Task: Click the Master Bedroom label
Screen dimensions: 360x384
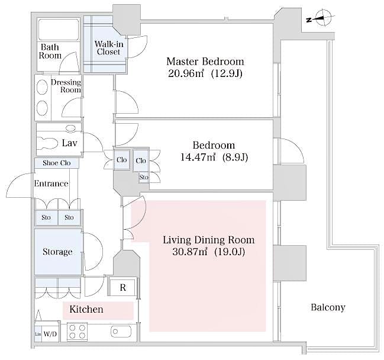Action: pyautogui.click(x=205, y=62)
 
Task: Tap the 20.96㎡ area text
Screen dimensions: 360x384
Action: pyautogui.click(x=186, y=74)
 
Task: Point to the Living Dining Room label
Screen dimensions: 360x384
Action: pyautogui.click(x=208, y=240)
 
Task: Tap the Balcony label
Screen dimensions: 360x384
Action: pyautogui.click(x=327, y=307)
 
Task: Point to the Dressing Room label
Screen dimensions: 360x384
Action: pyautogui.click(x=66, y=86)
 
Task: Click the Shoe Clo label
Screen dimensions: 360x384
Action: pyautogui.click(x=57, y=163)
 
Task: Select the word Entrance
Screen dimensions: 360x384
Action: pyautogui.click(x=51, y=184)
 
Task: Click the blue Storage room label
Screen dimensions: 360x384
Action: pyautogui.click(x=57, y=252)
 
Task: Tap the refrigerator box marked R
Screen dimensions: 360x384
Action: pyautogui.click(x=122, y=288)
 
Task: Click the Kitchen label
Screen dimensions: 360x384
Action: pyautogui.click(x=86, y=309)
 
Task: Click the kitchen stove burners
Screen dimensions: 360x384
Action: pyautogui.click(x=77, y=331)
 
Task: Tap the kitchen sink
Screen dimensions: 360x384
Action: pyautogui.click(x=122, y=332)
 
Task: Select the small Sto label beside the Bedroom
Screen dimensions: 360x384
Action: pyautogui.click(x=144, y=176)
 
